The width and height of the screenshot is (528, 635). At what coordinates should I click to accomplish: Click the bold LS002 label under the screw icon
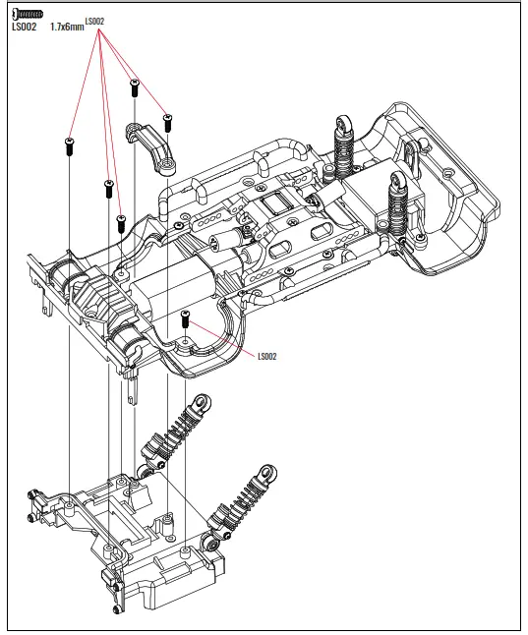coord(24,28)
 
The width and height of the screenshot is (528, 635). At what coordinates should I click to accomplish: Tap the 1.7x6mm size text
coord(65,28)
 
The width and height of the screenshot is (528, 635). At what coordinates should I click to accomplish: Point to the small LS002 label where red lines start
coord(94,21)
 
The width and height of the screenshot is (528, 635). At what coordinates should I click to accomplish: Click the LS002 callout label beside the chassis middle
coord(266,357)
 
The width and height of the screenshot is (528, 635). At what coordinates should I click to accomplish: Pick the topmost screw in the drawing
coord(134,87)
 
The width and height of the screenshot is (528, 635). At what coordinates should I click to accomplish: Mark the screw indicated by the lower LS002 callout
coord(185,317)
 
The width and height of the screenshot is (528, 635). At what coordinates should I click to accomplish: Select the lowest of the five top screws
coord(121,223)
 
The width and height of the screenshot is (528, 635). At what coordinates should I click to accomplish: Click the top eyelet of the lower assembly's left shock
coord(201,403)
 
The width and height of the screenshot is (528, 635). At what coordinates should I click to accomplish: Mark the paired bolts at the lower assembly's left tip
coord(34,511)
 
